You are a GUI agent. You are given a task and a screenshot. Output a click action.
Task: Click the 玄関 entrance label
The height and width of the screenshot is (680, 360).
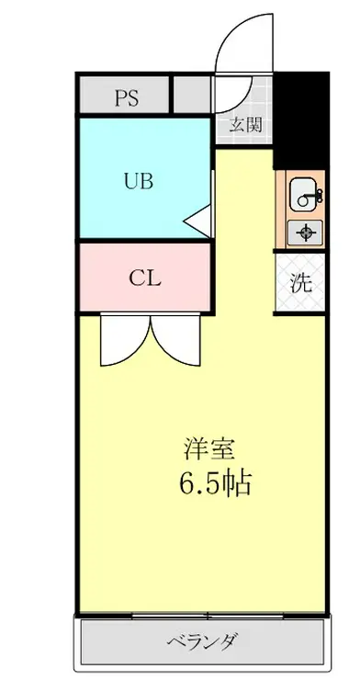coord(245,125)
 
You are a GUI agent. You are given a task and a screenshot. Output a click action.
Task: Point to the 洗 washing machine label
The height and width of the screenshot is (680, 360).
coord(301,282)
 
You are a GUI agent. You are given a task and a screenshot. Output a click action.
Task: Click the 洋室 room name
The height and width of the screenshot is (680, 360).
coord(210,449)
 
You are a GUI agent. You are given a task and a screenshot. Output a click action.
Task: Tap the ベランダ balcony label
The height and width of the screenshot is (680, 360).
coord(203,640)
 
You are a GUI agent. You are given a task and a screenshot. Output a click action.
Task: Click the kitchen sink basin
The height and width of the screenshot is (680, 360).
coord(302,195)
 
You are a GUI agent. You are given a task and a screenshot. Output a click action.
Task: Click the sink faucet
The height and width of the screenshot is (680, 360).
coord(317,194)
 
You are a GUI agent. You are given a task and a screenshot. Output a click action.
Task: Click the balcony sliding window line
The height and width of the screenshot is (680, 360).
coord(203,614)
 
